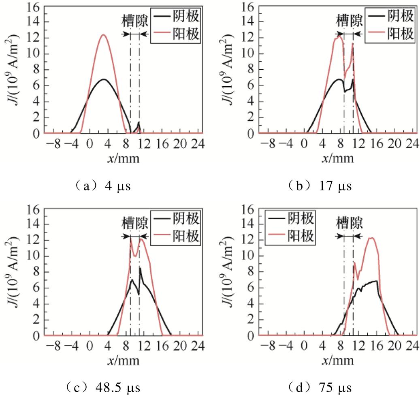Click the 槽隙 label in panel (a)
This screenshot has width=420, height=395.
[135, 20]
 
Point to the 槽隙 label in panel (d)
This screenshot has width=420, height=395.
[349, 222]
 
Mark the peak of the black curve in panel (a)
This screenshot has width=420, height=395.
[104, 79]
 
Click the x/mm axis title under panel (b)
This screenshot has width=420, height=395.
[338, 158]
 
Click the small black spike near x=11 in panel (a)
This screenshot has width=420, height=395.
[139, 122]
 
